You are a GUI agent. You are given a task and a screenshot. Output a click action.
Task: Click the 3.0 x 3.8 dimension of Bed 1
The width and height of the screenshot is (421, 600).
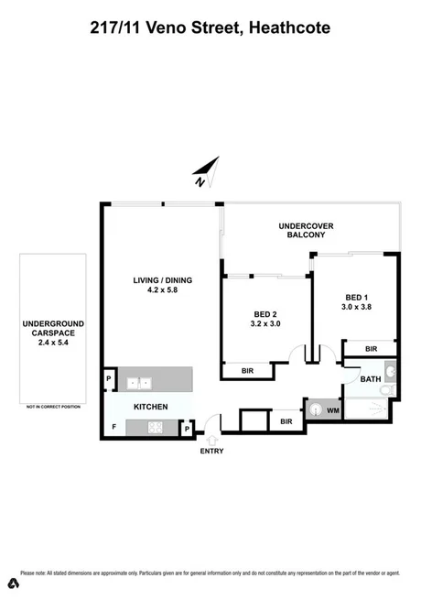click(357, 308)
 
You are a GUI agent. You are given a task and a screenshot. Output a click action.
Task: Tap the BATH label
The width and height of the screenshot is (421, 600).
click(370, 378)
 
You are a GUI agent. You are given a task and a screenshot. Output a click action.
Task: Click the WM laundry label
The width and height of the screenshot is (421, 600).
click(333, 410)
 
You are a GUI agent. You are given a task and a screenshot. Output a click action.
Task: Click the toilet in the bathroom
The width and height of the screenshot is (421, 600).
click(388, 392)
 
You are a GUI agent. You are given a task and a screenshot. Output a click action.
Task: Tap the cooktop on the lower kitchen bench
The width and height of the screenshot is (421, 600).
click(152, 426)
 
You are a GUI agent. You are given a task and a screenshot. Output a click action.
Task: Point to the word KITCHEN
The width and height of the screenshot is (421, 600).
click(151, 405)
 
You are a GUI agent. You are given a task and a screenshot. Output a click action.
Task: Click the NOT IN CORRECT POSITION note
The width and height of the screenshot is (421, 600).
click(53, 405)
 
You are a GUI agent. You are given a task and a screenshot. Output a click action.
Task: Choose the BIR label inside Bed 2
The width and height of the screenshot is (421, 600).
click(247, 370)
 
